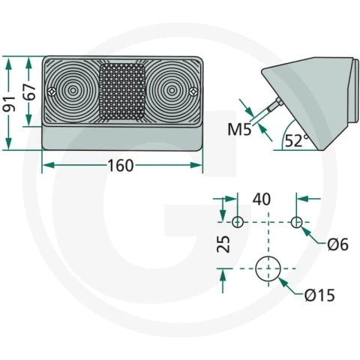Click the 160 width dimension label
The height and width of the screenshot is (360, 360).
click(121, 166)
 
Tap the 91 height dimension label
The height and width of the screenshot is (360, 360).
click(9, 103)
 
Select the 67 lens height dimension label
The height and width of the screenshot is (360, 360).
click(29, 91)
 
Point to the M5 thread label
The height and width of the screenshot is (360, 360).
click(239, 130)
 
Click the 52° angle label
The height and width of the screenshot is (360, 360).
click(297, 140)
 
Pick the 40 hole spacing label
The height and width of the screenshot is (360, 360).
click(262, 199)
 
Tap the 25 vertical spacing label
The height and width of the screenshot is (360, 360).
click(223, 244)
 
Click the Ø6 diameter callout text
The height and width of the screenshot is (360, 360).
click(337, 244)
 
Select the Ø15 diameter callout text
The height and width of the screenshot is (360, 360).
click(319, 295)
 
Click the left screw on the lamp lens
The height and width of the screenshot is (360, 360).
click(52, 91)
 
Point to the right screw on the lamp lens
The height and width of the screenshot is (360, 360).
click(193, 91)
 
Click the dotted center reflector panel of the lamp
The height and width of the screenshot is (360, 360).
click(122, 91)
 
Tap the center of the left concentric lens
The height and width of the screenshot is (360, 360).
click(73, 91)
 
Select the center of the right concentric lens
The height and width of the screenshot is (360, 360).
click(172, 91)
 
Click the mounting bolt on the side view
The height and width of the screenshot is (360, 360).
click(275, 105)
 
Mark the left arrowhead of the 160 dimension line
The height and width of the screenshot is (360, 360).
click(48, 165)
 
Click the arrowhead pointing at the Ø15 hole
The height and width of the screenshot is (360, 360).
click(282, 282)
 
